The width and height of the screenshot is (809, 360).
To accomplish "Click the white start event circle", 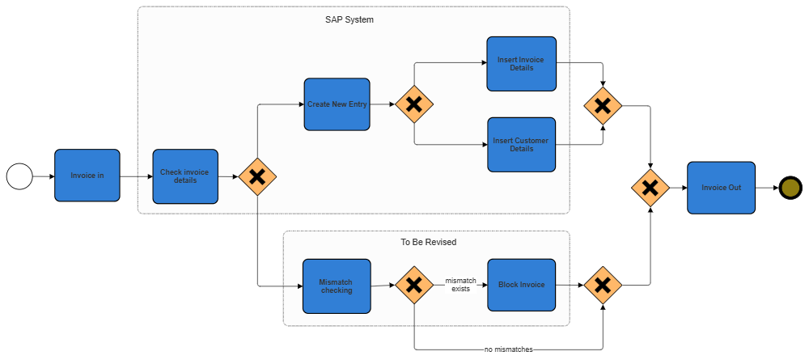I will [x=19, y=176].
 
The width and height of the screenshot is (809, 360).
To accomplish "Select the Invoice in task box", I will [x=87, y=175].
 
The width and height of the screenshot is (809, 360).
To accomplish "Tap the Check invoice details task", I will [x=185, y=176].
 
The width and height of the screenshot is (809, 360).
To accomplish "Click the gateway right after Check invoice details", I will [x=257, y=176].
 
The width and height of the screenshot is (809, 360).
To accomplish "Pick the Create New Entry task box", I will [x=337, y=104].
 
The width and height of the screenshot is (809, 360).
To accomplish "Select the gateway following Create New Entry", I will [x=414, y=104].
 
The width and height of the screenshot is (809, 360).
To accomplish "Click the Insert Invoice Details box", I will [x=521, y=64].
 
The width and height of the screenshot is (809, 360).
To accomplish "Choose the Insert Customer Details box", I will [x=521, y=145].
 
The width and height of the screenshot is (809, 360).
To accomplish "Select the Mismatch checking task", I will [x=336, y=286].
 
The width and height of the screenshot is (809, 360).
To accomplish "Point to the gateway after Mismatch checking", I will [x=414, y=285].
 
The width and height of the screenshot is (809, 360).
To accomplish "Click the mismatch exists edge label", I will [x=460, y=285].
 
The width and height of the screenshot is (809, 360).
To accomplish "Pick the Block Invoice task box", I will [x=521, y=285].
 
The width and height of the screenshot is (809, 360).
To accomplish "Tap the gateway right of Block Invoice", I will [x=602, y=285].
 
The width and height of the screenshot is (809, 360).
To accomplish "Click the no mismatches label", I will [x=509, y=349].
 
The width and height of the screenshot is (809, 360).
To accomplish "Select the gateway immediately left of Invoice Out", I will [x=650, y=188].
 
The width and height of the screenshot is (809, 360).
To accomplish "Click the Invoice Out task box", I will [x=721, y=188].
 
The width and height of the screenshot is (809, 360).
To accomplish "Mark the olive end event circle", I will [x=790, y=188].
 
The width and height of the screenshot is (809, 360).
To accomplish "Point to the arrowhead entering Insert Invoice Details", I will [x=483, y=64].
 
